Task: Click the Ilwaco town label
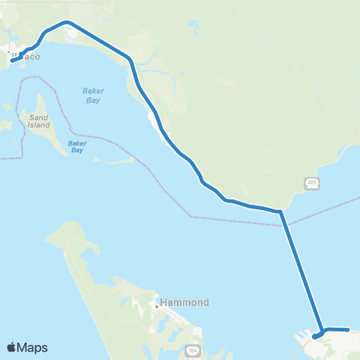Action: (24, 56)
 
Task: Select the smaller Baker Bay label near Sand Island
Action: (77, 146)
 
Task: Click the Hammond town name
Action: (184, 303)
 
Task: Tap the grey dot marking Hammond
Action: (156, 305)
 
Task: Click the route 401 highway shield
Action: (311, 183)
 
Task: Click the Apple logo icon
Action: (11, 347)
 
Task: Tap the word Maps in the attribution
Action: (33, 347)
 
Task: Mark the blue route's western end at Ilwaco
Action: (12, 61)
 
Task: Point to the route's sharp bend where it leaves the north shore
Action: (280, 212)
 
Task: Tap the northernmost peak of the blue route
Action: (67, 22)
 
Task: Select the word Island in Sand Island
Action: (39, 126)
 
